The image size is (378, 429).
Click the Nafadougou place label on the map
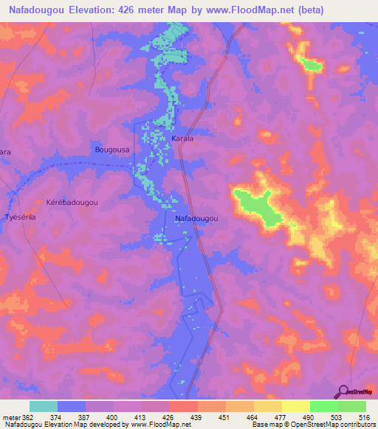point(196,218)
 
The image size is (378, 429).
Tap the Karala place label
point(182,138)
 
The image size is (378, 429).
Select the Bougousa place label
point(112,150)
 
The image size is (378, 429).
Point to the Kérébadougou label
point(72,201)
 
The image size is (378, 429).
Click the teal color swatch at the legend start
point(43,406)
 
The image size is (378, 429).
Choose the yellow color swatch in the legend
point(295,406)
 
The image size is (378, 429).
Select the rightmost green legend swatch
point(351,406)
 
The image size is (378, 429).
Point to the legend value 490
point(309,416)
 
